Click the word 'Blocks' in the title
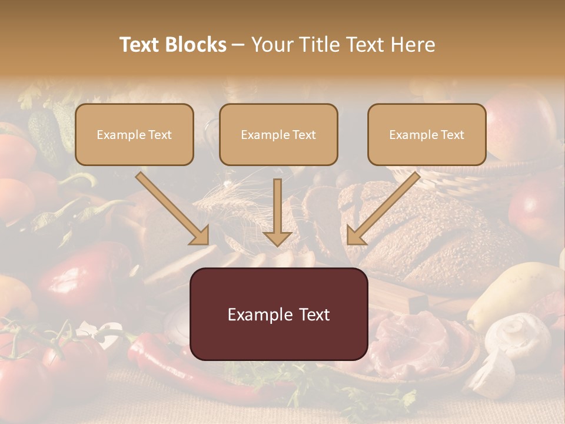pos(197,45)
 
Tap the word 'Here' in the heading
pos(414,45)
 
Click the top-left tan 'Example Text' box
pos(134,134)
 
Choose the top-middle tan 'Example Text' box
pos(278,134)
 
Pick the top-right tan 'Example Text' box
pos(427,134)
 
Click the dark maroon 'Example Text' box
pos(278,314)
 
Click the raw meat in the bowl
pos(412,342)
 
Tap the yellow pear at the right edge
pos(518,289)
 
